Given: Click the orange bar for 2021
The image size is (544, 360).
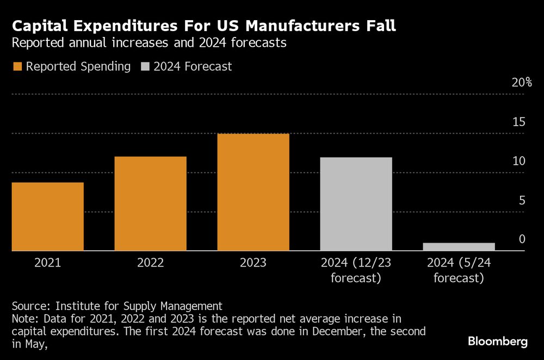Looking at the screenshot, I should (x=48, y=216).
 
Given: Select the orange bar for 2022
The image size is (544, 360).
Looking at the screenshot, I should (x=151, y=203).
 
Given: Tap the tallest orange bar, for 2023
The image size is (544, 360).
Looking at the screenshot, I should (x=253, y=192).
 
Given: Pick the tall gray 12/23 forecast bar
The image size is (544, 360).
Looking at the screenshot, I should (x=356, y=204).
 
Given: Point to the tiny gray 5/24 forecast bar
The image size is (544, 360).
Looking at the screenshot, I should (x=459, y=247).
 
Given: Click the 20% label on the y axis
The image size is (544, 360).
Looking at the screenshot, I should (x=521, y=82).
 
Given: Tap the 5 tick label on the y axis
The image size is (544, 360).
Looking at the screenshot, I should (x=522, y=201).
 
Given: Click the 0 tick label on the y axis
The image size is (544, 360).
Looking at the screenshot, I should (x=522, y=239).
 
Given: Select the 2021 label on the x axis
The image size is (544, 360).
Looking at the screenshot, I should (x=48, y=263).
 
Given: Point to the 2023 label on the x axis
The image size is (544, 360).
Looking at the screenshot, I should (x=253, y=263).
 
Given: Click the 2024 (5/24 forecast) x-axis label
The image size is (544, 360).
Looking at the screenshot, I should (x=459, y=271).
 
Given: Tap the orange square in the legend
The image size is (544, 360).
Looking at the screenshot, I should (x=17, y=67).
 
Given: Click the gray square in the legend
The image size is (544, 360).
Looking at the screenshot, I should (x=144, y=67).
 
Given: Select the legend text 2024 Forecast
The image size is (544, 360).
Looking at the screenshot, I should (x=193, y=67).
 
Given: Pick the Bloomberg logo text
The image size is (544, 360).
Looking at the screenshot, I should (x=498, y=342).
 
